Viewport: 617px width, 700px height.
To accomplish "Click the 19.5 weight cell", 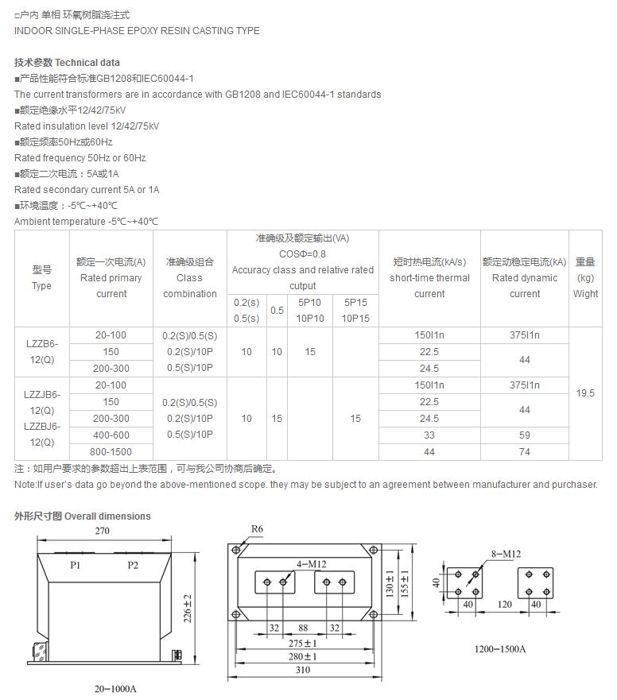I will click(x=585, y=393).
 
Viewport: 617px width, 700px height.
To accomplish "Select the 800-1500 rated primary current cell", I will click(x=111, y=451).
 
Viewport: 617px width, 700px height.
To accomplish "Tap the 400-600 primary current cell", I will click(x=111, y=435).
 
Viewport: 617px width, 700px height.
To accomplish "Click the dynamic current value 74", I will click(x=525, y=451).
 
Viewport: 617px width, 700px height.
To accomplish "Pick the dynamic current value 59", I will click(x=525, y=435).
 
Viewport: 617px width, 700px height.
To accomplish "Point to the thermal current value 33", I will click(x=429, y=435).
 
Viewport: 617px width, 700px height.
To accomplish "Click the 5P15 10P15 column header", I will click(x=355, y=310).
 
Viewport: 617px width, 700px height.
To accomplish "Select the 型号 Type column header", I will click(x=42, y=277).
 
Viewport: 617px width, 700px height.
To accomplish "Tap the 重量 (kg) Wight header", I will click(x=585, y=277).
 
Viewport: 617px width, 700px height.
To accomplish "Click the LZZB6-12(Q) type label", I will click(x=42, y=351).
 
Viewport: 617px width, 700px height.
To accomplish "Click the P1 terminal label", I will click(x=76, y=565).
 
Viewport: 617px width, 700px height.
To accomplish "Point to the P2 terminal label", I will click(x=133, y=565).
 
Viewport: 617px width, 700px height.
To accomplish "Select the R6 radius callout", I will click(x=257, y=529).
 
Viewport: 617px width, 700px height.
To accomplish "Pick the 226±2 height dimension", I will click(x=188, y=609).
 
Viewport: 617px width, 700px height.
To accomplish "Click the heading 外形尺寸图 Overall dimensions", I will click(x=83, y=516).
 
